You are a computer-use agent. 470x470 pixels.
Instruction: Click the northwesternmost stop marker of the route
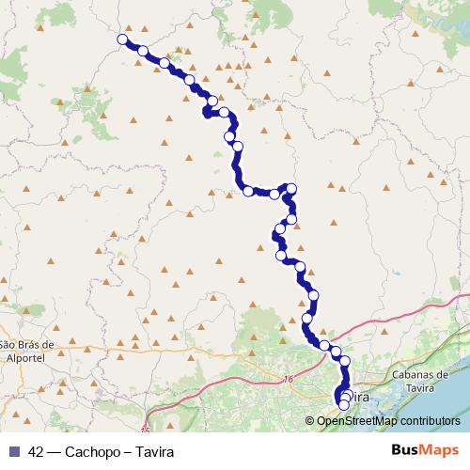121,39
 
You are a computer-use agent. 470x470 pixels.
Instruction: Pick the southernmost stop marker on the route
343,405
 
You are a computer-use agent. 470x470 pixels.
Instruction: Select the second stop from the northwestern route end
143,51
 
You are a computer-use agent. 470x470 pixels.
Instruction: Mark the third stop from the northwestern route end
165,63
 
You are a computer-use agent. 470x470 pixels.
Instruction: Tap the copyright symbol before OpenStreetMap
310,422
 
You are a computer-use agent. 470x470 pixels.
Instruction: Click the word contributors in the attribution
429,422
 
